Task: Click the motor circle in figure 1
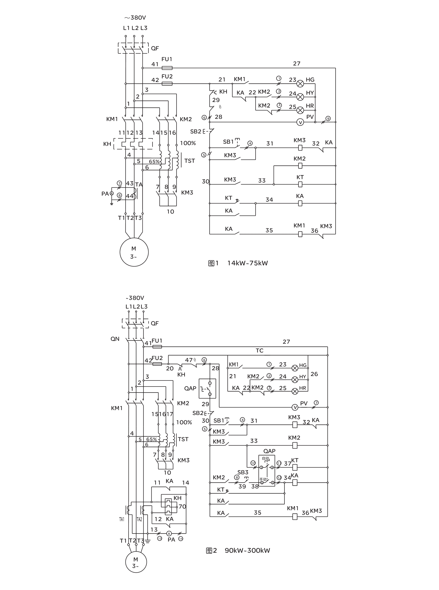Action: [x=134, y=252]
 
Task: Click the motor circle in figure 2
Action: [x=136, y=562]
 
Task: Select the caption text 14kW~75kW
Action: [x=247, y=263]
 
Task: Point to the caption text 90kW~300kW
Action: [x=247, y=550]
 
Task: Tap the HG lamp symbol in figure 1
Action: [x=300, y=84]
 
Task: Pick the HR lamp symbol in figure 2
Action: [x=295, y=391]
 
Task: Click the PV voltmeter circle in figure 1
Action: [x=300, y=122]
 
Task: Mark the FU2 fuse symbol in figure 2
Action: [x=157, y=364]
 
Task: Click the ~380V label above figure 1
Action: [x=135, y=18]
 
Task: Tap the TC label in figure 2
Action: [x=260, y=351]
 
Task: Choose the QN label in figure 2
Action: [x=115, y=339]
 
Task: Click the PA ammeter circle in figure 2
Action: [x=169, y=533]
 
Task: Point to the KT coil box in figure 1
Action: [x=300, y=184]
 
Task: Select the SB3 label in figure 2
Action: [x=243, y=472]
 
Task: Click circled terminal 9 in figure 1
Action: [x=328, y=119]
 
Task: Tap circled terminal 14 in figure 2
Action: [x=181, y=539]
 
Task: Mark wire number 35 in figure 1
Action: [x=269, y=230]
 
